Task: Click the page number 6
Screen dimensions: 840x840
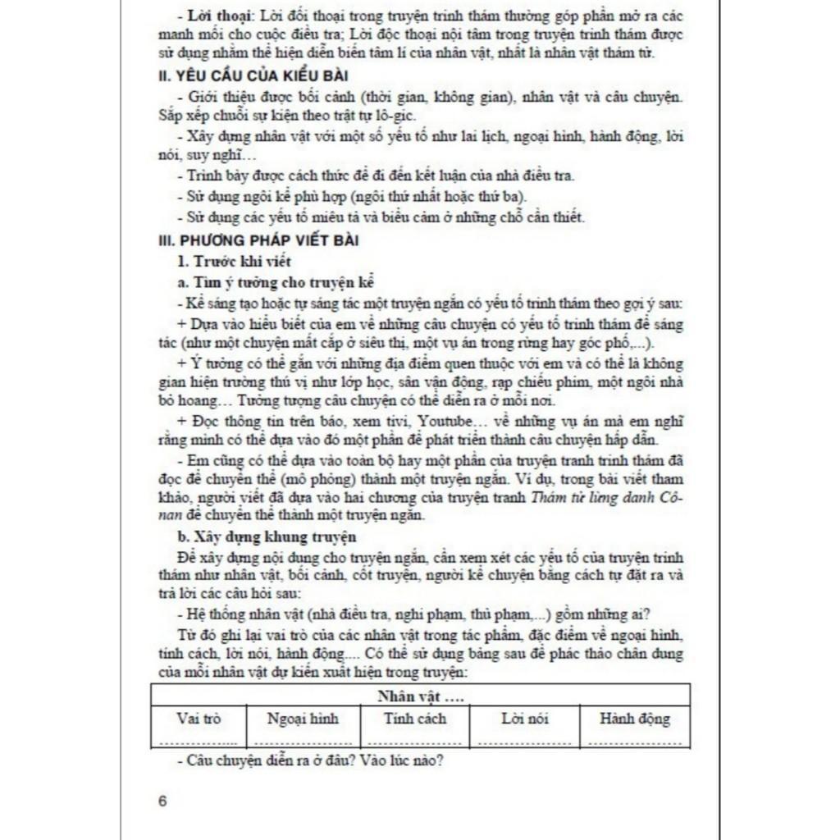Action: tap(162, 801)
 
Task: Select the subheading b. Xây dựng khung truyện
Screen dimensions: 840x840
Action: tap(266, 537)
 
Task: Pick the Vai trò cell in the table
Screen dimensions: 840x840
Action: tap(199, 719)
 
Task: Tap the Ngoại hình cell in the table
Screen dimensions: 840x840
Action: tap(303, 719)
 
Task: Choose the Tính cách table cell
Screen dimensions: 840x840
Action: tap(415, 719)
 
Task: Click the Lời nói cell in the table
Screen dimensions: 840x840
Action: tap(525, 719)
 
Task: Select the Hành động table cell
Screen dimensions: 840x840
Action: tap(634, 719)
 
